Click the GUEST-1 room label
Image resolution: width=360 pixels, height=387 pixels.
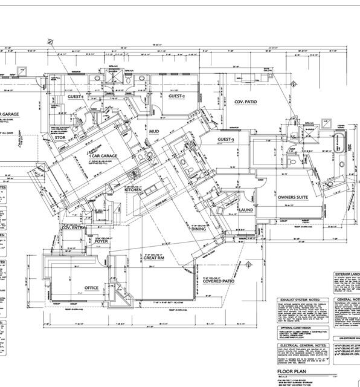75,96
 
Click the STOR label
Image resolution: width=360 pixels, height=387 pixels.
60,137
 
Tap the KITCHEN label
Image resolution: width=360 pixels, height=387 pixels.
133,190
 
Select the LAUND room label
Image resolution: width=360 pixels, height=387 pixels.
246,210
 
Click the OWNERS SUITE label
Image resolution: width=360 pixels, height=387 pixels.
294,197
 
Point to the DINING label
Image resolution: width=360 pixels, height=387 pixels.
199,229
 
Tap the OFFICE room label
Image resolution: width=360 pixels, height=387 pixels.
92,287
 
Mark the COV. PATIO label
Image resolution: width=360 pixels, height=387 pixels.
245,102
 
